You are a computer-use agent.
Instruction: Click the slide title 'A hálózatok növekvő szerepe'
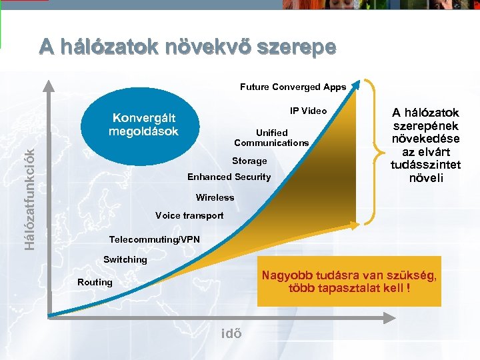coord(187,47)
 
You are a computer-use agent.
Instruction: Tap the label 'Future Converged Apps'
coord(293,87)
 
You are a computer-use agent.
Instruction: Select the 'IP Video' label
coord(308,111)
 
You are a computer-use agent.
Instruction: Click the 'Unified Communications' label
coord(271,137)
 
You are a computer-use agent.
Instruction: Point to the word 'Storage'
coord(249,161)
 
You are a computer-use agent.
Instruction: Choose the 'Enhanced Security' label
coord(229,177)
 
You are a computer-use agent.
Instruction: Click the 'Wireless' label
coord(215,197)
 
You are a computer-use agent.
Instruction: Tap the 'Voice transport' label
coord(189,215)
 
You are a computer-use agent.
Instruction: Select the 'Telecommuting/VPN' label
coord(154,239)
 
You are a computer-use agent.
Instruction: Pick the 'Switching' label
coord(125,259)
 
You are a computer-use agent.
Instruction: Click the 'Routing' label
coord(95,282)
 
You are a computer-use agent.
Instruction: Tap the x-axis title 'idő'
coord(231,333)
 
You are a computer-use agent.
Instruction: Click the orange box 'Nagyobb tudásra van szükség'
coord(349,282)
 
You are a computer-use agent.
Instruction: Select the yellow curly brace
coord(373,153)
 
